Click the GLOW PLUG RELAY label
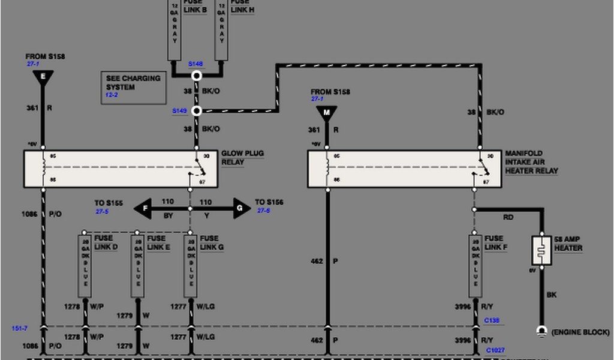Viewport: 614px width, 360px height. click(242, 158)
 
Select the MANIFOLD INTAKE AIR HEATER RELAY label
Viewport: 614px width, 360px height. click(531, 162)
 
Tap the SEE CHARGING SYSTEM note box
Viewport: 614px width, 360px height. click(133, 87)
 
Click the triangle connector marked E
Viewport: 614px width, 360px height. click(43, 77)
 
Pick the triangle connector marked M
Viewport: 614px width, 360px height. click(327, 112)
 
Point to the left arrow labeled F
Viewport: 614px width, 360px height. click(142, 208)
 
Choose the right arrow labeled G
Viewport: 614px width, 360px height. click(242, 208)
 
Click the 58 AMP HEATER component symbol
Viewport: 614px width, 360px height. click(541, 250)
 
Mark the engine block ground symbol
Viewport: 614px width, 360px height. click(541, 331)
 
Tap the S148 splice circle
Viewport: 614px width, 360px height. click(196, 76)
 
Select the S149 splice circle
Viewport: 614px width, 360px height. click(196, 111)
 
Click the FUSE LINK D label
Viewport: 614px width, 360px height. click(106, 243)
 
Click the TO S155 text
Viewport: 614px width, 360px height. click(109, 203)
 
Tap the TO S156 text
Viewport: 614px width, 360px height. click(269, 202)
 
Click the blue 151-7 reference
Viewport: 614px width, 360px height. click(19, 328)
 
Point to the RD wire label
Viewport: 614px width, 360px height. click(508, 217)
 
